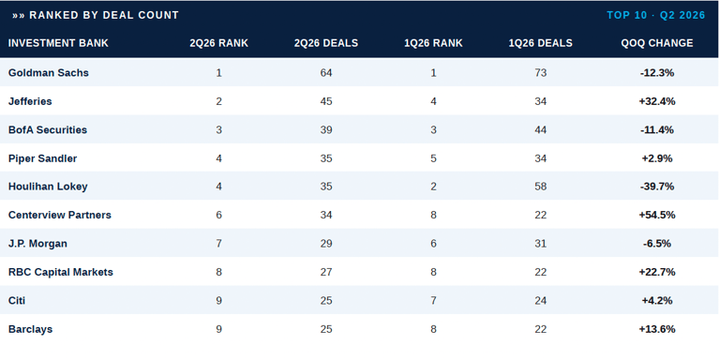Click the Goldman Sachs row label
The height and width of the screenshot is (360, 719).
(49, 72)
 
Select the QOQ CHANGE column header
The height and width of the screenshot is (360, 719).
(657, 43)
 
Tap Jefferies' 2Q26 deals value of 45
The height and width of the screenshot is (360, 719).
(326, 101)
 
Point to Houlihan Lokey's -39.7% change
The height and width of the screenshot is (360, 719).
(657, 187)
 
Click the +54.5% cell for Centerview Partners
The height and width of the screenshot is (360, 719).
(657, 215)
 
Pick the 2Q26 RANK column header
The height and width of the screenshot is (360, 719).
(218, 43)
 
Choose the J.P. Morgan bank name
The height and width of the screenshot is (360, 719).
(37, 244)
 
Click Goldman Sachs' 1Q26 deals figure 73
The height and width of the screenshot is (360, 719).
(541, 72)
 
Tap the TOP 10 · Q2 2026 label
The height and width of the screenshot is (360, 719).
(656, 15)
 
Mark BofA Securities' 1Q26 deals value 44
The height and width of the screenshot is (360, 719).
(541, 129)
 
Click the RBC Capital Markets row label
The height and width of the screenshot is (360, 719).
(61, 272)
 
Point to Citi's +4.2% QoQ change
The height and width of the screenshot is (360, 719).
(657, 301)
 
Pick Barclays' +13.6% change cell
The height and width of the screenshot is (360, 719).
(657, 329)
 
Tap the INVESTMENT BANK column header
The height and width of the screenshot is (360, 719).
(58, 43)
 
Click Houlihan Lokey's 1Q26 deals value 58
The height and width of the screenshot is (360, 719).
(541, 187)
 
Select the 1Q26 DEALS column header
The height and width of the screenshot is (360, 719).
(541, 43)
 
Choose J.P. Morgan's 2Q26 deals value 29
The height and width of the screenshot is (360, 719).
(326, 244)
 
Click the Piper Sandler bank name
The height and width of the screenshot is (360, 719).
(42, 158)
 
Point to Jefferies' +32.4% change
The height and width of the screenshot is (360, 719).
(657, 101)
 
